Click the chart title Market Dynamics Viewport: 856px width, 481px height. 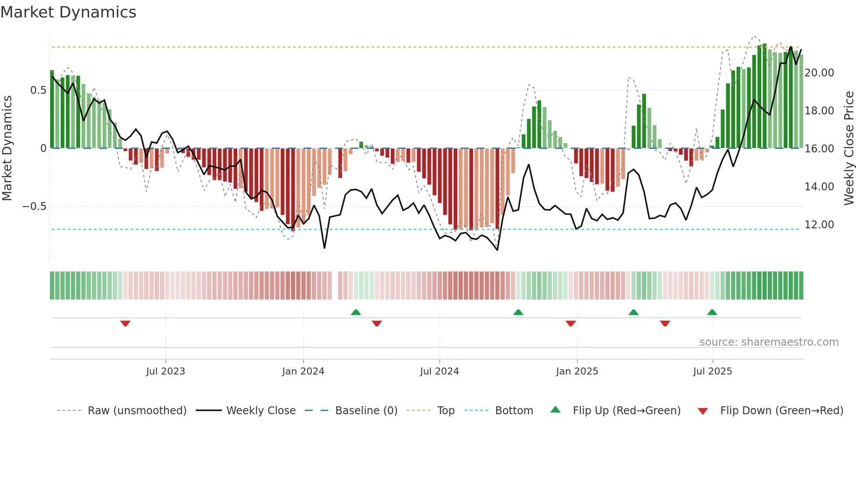69,12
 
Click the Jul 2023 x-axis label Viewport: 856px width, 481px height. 166,371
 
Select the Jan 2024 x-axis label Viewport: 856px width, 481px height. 303,371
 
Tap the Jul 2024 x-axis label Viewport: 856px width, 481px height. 439,371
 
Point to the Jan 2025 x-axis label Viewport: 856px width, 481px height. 577,371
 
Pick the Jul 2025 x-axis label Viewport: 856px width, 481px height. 712,371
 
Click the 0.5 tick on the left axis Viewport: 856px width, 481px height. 38,90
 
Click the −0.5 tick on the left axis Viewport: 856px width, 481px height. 35,206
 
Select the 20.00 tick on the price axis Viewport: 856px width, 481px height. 819,73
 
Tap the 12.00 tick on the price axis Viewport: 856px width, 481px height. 819,225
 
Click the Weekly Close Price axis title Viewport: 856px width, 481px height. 849,148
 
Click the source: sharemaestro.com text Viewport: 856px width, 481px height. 769,342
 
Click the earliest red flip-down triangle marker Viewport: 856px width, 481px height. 125,323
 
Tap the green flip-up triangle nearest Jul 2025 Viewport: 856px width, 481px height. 712,312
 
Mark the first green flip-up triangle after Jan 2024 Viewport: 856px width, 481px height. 356,312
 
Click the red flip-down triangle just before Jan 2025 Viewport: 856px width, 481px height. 570,323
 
